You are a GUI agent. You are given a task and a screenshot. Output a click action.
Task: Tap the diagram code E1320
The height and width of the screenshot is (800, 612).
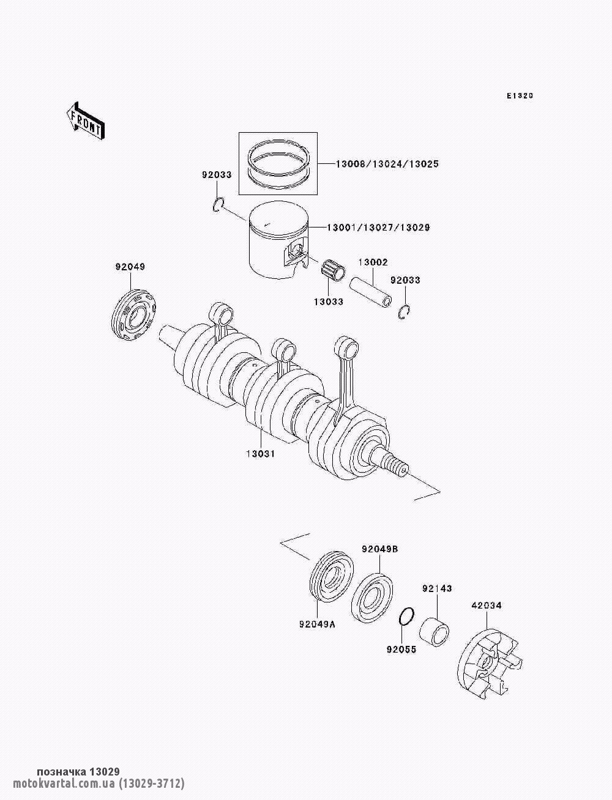[520, 96]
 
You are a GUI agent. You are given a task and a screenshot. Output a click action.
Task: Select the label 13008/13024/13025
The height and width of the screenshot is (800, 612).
[387, 164]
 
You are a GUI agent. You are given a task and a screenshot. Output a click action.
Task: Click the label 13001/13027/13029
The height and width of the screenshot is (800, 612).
[378, 228]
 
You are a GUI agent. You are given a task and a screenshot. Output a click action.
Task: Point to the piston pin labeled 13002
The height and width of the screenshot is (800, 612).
[370, 292]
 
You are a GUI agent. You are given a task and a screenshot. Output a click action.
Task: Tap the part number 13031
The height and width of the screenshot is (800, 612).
[260, 454]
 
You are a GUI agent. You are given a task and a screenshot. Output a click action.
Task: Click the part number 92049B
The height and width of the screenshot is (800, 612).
[379, 549]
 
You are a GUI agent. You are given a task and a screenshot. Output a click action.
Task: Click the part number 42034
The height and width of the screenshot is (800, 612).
[486, 606]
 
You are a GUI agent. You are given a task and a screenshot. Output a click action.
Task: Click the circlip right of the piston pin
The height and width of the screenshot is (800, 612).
[403, 312]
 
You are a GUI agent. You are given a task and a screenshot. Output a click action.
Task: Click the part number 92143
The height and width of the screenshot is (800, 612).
[436, 588]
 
